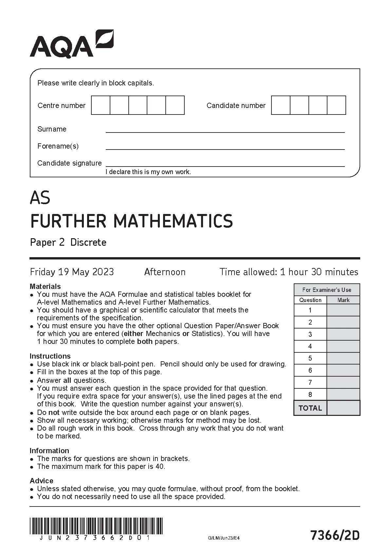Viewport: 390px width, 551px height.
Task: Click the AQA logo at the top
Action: [x=71, y=44]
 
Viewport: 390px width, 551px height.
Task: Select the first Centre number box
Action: [x=101, y=105]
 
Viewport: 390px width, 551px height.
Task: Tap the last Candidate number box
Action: [x=336, y=105]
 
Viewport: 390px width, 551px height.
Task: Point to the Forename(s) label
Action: [x=58, y=146]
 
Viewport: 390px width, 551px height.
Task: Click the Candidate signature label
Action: [x=69, y=163]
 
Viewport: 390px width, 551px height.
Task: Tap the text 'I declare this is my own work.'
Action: [x=148, y=172]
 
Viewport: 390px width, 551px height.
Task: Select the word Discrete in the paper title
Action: [x=88, y=242]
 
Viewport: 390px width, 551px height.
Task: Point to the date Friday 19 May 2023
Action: [x=72, y=272]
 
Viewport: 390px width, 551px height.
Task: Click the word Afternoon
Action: [x=165, y=272]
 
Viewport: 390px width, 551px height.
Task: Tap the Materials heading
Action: [x=45, y=286]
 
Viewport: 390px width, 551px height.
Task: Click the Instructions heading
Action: [x=50, y=356]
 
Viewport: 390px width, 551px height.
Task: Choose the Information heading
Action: [x=49, y=451]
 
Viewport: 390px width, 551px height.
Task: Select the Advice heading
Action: [x=41, y=481]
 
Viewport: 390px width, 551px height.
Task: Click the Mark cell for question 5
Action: [x=343, y=358]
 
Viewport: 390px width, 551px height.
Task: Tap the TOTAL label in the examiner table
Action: [x=310, y=408]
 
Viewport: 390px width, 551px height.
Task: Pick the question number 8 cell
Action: [x=310, y=394]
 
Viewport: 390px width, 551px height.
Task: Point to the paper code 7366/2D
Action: [x=335, y=536]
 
